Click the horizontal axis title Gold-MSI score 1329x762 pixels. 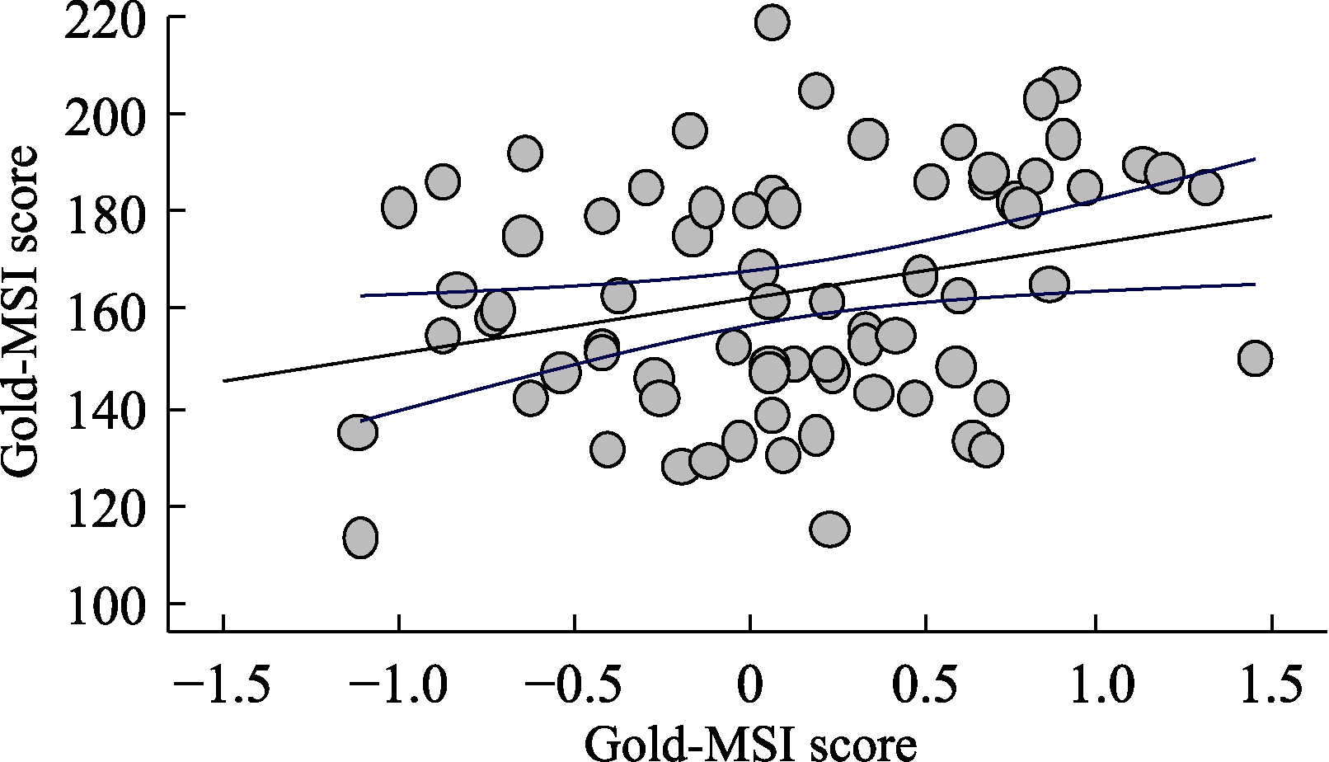click(x=749, y=745)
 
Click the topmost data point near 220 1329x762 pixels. click(x=772, y=21)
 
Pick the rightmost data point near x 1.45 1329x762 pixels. click(x=1255, y=358)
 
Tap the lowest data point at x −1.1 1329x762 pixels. click(x=360, y=538)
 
